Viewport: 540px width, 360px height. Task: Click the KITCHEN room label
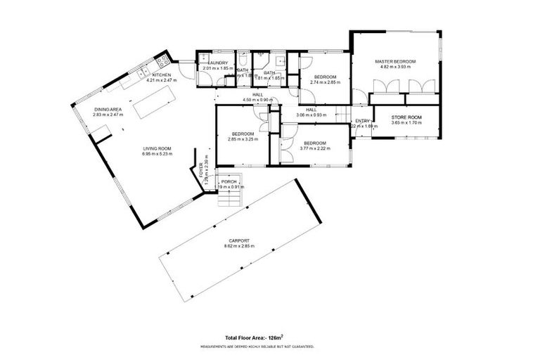pyautogui.click(x=162, y=75)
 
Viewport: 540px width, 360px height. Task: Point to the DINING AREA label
pyautogui.click(x=108, y=110)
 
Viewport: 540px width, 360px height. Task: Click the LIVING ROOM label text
pyautogui.click(x=157, y=148)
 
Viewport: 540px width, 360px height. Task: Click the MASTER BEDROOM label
pyautogui.click(x=395, y=62)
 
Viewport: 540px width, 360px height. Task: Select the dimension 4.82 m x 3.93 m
pyautogui.click(x=395, y=67)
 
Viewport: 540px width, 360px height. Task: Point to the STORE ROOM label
pyautogui.click(x=406, y=117)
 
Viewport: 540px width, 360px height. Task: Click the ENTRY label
pyautogui.click(x=362, y=121)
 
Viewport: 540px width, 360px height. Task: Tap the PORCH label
pyautogui.click(x=229, y=181)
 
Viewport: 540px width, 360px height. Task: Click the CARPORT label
pyautogui.click(x=238, y=240)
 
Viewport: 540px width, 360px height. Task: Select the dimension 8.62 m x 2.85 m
pyautogui.click(x=238, y=246)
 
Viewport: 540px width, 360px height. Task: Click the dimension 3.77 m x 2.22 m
pyautogui.click(x=314, y=148)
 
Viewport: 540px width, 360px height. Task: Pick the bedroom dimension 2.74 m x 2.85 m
pyautogui.click(x=325, y=82)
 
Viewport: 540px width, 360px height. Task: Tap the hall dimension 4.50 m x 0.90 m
pyautogui.click(x=257, y=100)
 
